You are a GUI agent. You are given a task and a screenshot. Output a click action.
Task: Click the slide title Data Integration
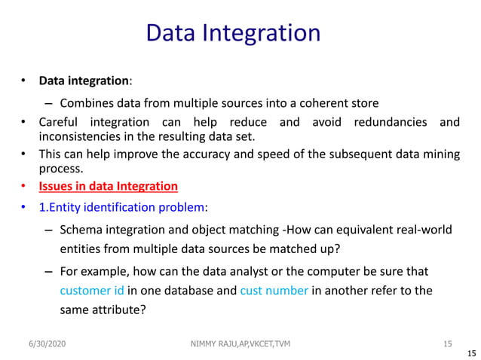(x=233, y=33)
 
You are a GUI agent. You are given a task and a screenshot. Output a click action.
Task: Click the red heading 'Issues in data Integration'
(x=109, y=186)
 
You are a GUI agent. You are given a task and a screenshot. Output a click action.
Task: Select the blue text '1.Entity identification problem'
(x=121, y=207)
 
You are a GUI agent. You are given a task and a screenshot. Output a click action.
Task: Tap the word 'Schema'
(x=81, y=230)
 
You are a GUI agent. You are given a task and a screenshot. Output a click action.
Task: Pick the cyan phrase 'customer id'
(x=92, y=291)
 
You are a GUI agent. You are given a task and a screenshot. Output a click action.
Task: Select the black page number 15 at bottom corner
(x=472, y=352)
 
